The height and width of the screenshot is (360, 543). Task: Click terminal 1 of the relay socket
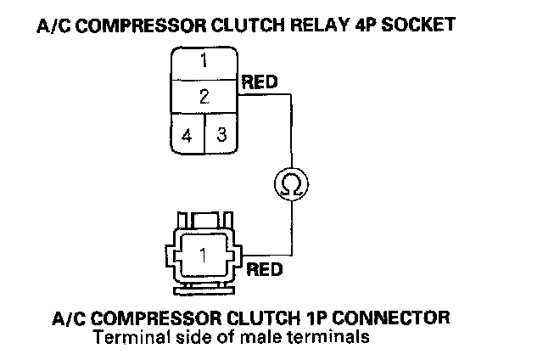(x=204, y=62)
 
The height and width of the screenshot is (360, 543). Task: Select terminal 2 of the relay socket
(x=204, y=96)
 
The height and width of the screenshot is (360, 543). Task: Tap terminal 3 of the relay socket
(x=221, y=134)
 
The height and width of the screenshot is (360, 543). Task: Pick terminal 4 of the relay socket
(x=187, y=134)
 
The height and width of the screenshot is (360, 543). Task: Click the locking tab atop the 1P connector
(x=204, y=220)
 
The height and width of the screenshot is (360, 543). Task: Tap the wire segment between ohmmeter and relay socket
(x=292, y=127)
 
